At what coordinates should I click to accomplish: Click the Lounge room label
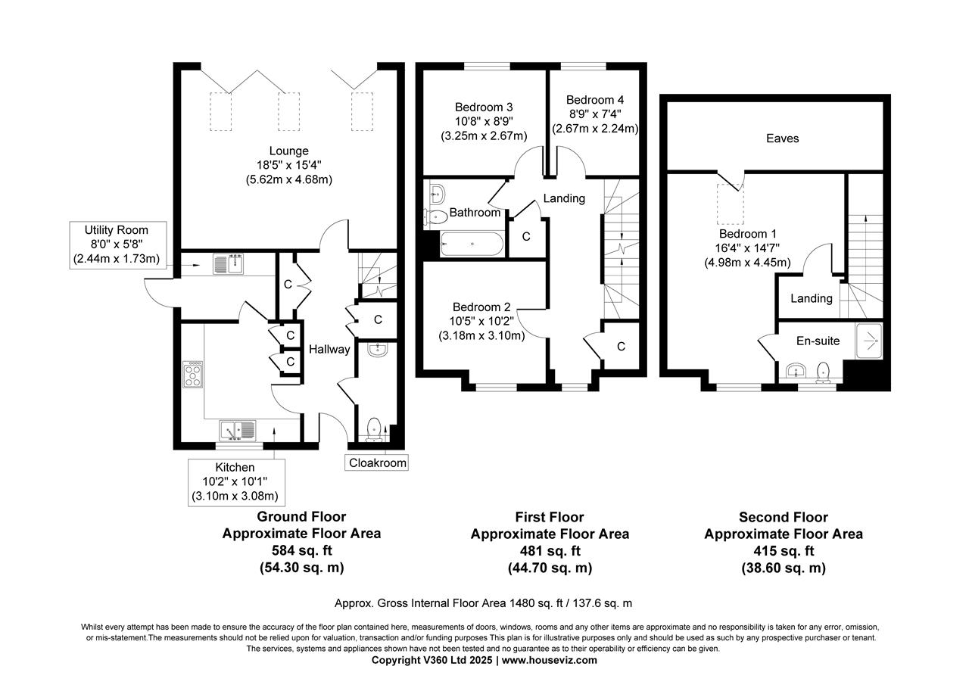[289, 151]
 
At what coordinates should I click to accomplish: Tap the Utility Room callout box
[116, 244]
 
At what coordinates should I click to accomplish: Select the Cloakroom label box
[377, 462]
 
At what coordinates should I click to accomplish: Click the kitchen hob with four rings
[193, 374]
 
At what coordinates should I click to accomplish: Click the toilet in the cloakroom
[373, 428]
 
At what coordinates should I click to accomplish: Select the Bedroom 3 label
[484, 107]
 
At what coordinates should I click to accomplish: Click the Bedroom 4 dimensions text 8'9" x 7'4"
[595, 114]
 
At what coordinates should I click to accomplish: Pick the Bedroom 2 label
[481, 307]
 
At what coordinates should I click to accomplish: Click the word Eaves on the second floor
[782, 139]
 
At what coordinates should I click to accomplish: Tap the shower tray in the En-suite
[868, 341]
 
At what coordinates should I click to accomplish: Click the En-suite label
[818, 341]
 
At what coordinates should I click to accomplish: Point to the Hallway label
[329, 349]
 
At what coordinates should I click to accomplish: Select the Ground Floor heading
[301, 517]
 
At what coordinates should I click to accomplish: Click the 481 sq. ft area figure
[549, 551]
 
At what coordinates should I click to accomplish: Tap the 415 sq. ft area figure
[783, 551]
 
